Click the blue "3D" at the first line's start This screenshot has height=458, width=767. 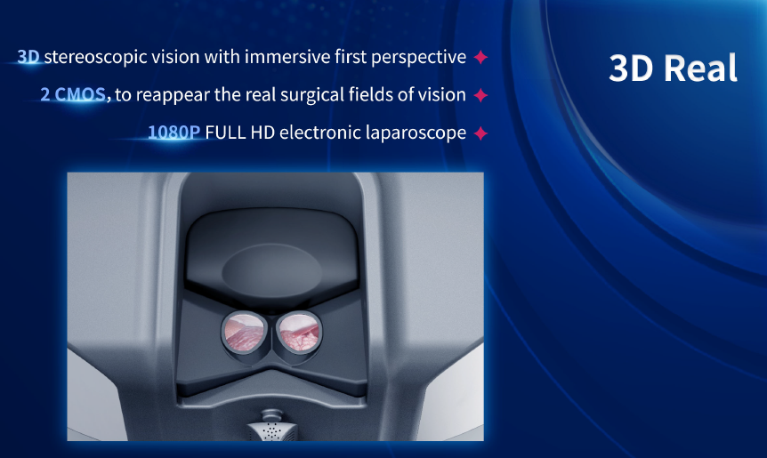[28, 57]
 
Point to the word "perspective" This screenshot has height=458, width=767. [418, 58]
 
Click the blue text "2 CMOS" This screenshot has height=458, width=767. [73, 94]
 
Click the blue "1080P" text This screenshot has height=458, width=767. [174, 132]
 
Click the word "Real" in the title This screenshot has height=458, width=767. [700, 68]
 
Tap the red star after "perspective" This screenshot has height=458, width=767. [480, 57]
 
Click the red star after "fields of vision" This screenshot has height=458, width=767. [480, 95]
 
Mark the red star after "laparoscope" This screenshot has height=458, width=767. [480, 133]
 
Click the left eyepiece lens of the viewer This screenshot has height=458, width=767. [244, 332]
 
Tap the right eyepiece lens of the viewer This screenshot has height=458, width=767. [299, 333]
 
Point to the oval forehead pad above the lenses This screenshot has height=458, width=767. [272, 269]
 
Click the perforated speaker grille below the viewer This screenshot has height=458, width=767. [272, 431]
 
